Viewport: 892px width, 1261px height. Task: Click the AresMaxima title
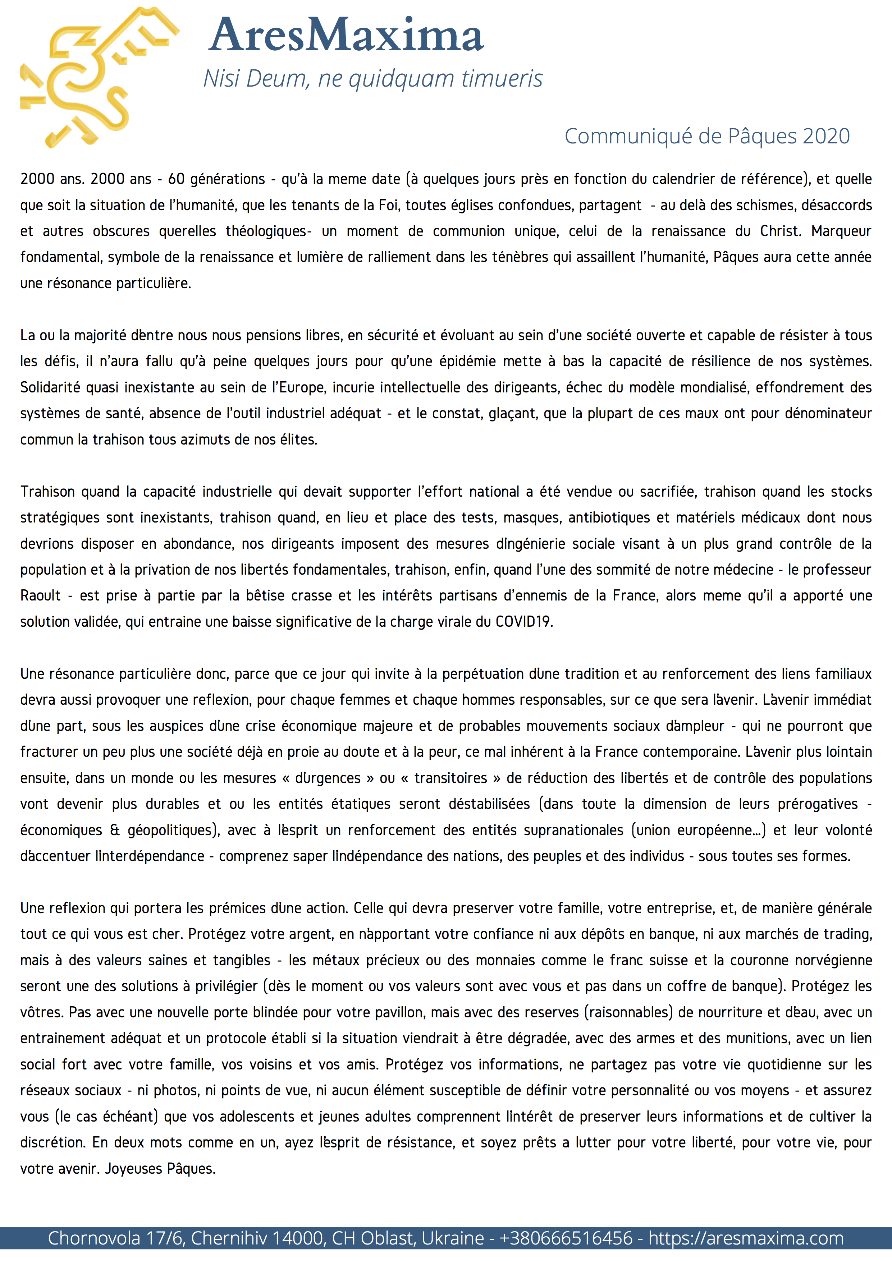click(346, 35)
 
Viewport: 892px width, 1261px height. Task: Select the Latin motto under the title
click(372, 79)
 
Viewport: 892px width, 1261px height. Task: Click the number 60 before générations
click(176, 179)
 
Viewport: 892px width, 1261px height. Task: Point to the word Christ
click(779, 231)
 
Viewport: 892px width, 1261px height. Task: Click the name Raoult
click(41, 596)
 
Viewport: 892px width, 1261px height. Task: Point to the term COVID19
click(523, 622)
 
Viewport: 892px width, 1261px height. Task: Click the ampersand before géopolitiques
click(115, 830)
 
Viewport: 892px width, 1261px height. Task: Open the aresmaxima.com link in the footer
click(746, 1238)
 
